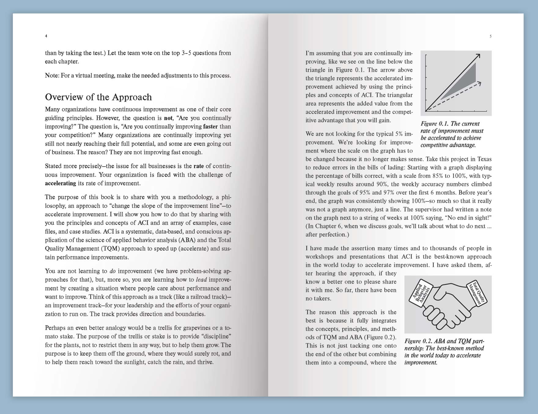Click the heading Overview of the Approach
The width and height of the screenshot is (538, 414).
click(x=98, y=97)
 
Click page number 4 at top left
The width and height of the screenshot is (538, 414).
click(x=46, y=36)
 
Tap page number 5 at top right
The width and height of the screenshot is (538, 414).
click(x=491, y=36)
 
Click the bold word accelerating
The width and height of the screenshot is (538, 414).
click(x=61, y=183)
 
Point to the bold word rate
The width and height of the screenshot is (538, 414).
click(x=199, y=166)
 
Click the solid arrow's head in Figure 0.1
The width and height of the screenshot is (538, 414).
click(x=478, y=56)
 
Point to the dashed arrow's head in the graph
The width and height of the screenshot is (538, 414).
click(x=479, y=83)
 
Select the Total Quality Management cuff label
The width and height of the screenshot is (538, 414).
click(x=477, y=292)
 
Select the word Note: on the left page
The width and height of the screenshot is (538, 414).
click(x=52, y=75)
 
